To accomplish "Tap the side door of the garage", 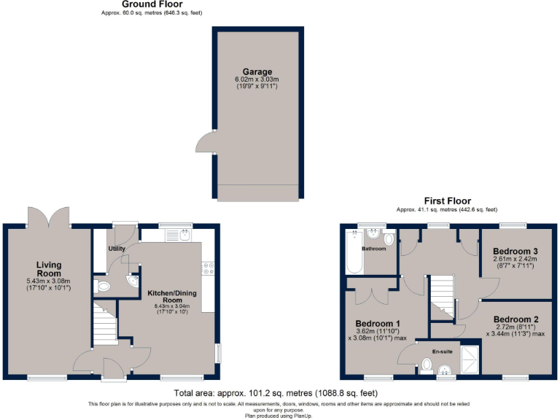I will [x=208, y=141].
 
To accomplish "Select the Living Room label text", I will [x=50, y=268].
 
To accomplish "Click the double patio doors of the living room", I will [x=49, y=217].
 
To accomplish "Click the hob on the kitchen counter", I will [x=208, y=268].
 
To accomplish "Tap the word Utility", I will [x=117, y=249].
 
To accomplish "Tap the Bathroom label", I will [x=374, y=249].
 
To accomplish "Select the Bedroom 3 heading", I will [x=516, y=250].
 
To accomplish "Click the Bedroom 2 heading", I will [x=516, y=319].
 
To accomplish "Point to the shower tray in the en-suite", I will [x=470, y=357].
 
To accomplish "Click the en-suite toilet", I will [x=427, y=365].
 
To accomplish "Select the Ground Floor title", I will [x=141, y=4].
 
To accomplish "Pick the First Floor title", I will [x=448, y=201].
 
